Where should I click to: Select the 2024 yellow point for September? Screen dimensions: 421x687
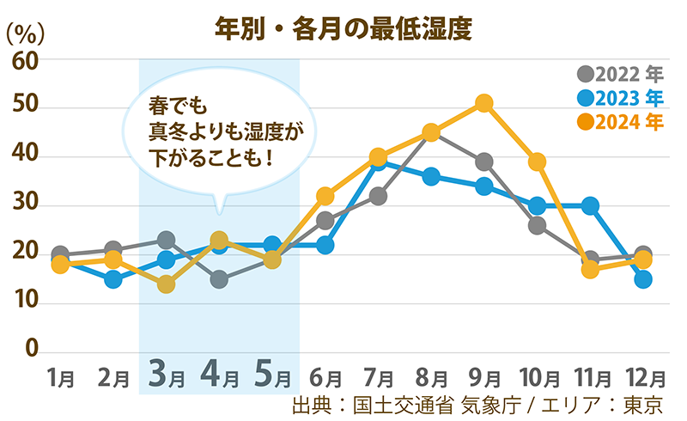[x=484, y=103]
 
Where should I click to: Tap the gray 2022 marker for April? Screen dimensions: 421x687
[x=219, y=279]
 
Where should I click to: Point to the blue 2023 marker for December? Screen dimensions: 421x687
[x=643, y=279]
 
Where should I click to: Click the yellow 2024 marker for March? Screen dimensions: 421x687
[x=167, y=284]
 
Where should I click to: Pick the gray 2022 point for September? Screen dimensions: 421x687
[x=484, y=162]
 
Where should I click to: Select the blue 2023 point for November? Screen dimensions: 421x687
[x=590, y=205]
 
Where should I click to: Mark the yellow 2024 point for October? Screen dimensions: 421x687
[x=538, y=162]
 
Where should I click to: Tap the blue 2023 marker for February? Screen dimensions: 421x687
[x=113, y=279]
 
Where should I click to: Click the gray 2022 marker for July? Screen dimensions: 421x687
[x=378, y=197]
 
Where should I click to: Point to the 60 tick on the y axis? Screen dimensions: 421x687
[x=25, y=60]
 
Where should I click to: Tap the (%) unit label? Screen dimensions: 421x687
[x=25, y=35]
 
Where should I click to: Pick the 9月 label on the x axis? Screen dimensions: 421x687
[x=484, y=377]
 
